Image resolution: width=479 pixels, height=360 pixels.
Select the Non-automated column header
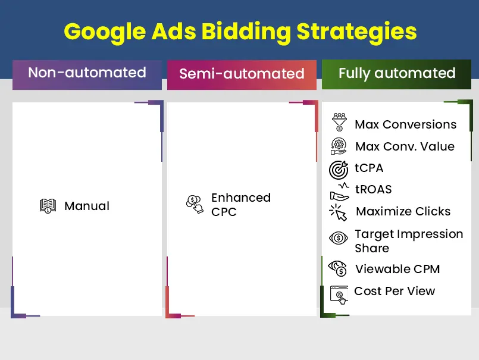pos(87,73)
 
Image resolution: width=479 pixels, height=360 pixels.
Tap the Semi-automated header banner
pos(242,74)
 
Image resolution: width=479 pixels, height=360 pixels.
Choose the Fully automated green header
pos(397,74)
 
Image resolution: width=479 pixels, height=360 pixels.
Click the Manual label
pos(87,206)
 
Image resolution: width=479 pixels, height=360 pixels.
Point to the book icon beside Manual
pos(48,206)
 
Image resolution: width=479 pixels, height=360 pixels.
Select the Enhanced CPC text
pos(240,205)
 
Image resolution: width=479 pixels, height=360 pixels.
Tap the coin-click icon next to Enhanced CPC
pos(194,204)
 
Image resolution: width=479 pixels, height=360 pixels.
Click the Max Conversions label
pos(405,125)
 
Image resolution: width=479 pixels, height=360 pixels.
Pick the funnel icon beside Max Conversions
pos(339,122)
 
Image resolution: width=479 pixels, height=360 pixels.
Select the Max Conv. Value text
pos(405,147)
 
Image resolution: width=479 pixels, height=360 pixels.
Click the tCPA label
pos(369,168)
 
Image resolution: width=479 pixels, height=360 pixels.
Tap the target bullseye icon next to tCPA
pos(339,170)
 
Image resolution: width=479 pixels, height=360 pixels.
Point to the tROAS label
pos(373,190)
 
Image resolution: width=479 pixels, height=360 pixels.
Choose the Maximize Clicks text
pos(403,212)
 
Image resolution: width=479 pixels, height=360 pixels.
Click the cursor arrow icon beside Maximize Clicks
pos(338,212)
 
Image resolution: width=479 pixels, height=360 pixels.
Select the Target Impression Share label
pos(408,241)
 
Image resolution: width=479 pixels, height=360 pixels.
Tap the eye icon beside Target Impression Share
pos(339,238)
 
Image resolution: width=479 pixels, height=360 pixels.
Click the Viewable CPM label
pos(397,269)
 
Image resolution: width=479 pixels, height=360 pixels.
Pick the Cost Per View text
pos(395,292)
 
